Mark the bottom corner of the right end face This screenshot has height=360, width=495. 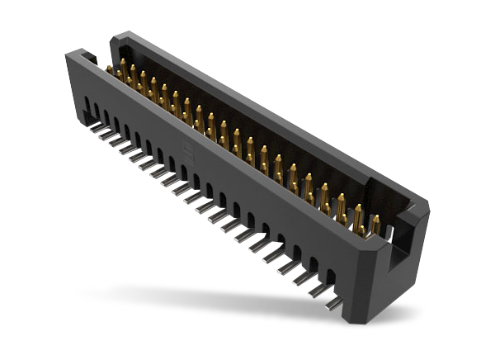pos(388,321)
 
